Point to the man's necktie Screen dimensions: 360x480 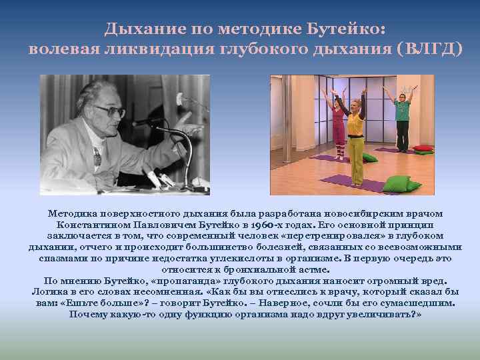tap(97, 157)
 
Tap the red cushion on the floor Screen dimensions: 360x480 tap(423, 148)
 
